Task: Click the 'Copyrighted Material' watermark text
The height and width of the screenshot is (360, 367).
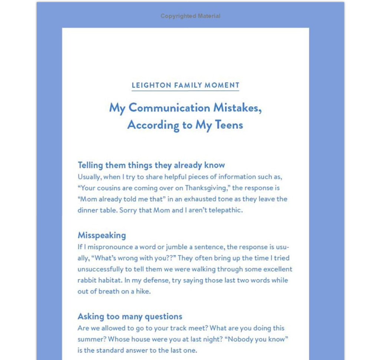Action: coord(190,16)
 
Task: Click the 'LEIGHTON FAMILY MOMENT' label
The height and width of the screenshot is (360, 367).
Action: coord(186,85)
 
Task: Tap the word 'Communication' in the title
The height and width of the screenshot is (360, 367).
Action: coord(169,108)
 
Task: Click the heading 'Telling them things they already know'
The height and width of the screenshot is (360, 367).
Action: coord(151,165)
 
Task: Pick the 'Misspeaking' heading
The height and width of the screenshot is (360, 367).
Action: coord(102,235)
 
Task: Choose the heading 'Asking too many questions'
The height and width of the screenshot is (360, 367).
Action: coord(130,317)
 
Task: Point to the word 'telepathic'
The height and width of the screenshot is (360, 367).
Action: coord(227,210)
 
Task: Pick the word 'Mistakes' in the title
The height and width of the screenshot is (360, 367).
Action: coord(237,108)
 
